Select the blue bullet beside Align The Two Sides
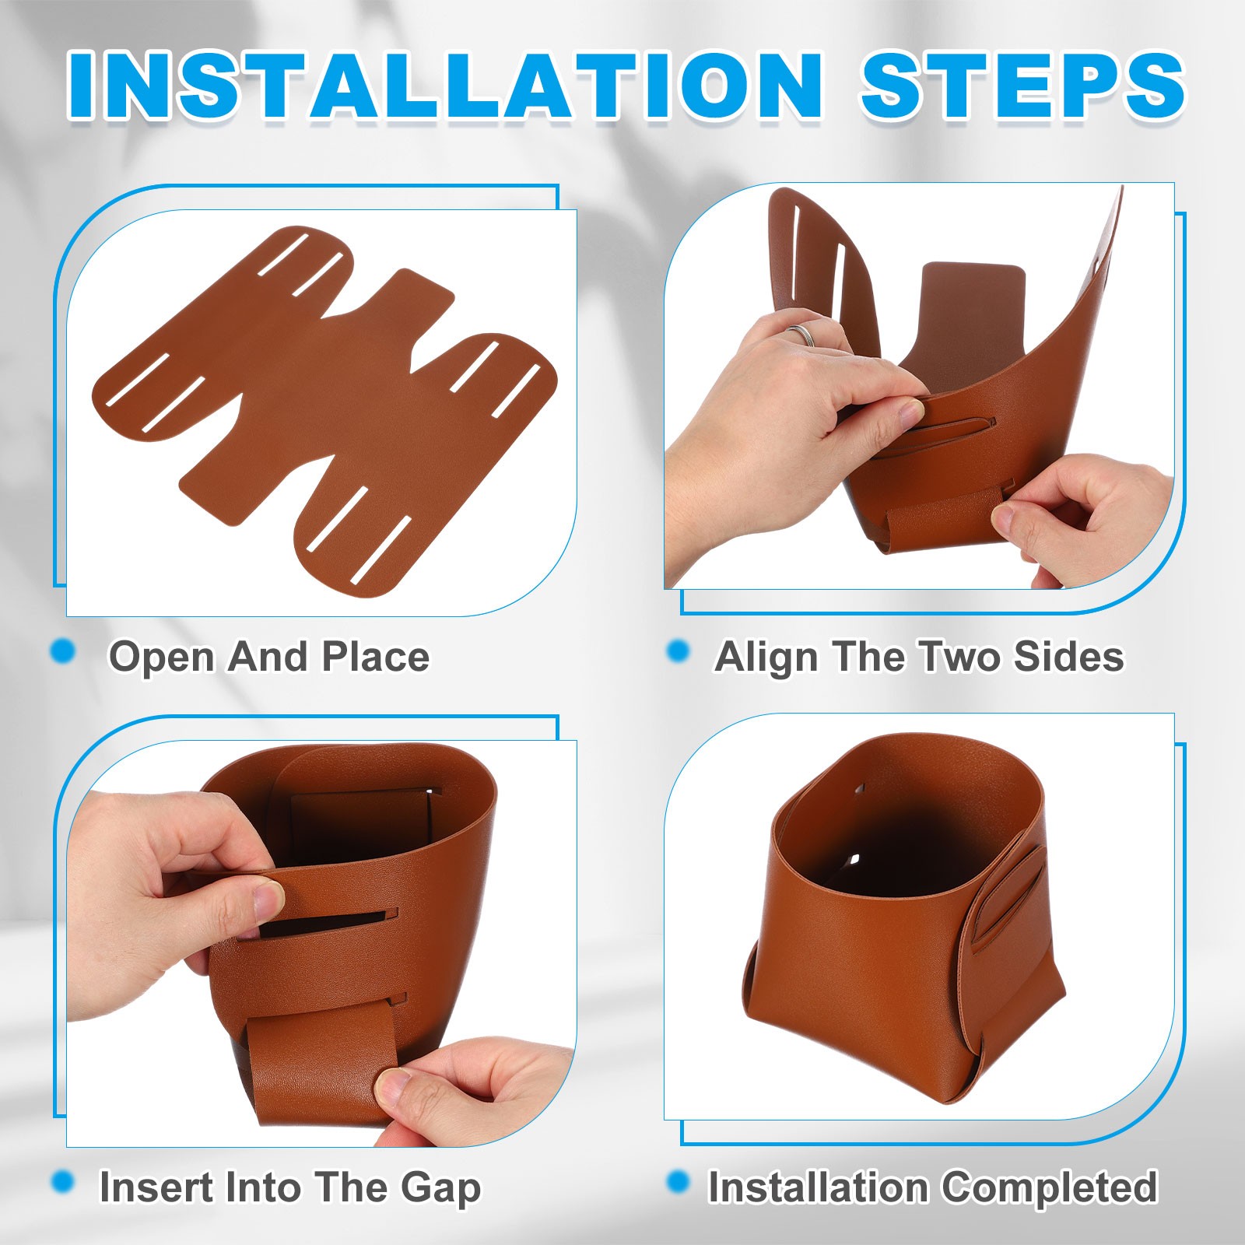click(679, 651)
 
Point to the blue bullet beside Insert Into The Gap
click(63, 1183)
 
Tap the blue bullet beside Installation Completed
click(679, 1183)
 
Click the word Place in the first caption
click(376, 657)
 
